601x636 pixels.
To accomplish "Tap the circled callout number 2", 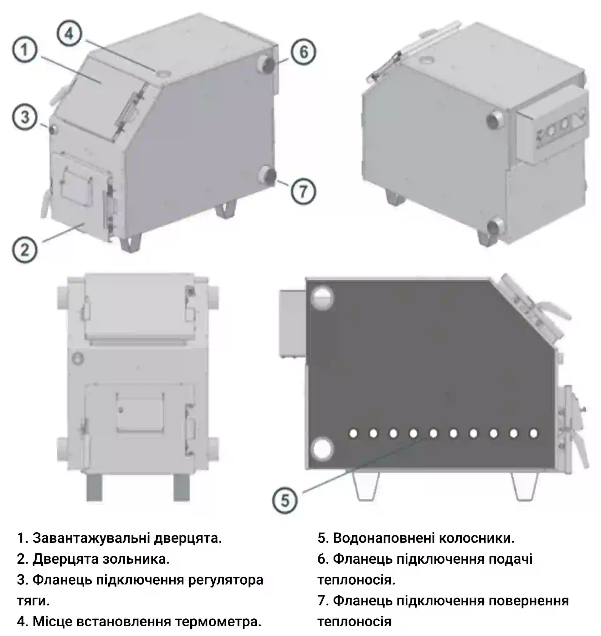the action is (25, 250).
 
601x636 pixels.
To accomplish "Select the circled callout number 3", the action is (25, 117).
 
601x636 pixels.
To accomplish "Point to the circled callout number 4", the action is (69, 33).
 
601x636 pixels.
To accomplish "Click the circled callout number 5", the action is (285, 501).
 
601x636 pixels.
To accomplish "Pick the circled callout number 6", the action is (303, 52).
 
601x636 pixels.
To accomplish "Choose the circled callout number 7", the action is (303, 192).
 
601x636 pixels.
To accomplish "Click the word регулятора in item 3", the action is (226, 580).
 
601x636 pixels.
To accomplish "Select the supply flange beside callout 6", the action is (267, 64).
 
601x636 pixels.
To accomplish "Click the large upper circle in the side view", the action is (322, 298).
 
